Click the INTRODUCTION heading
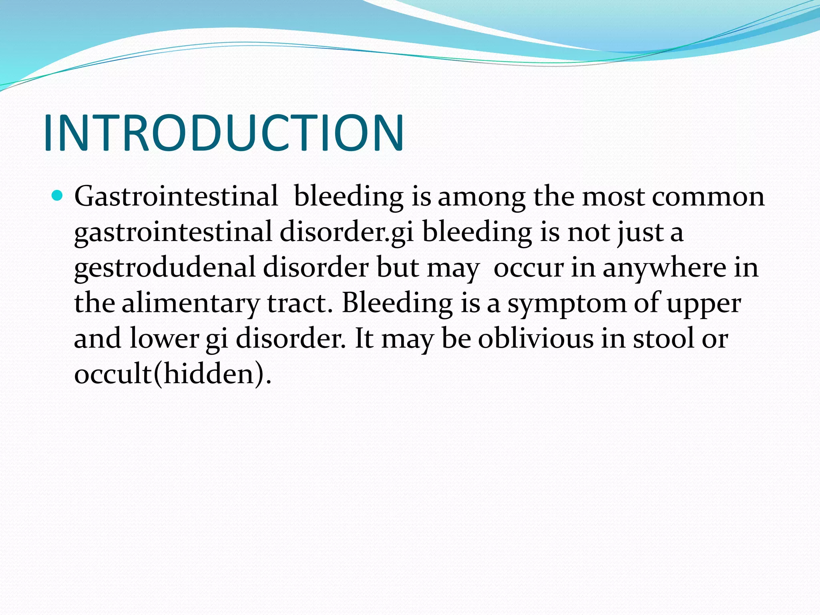(223, 133)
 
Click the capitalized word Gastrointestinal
(176, 197)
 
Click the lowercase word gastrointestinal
(173, 233)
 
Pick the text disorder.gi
(346, 233)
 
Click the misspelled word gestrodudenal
(165, 268)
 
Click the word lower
(164, 339)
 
